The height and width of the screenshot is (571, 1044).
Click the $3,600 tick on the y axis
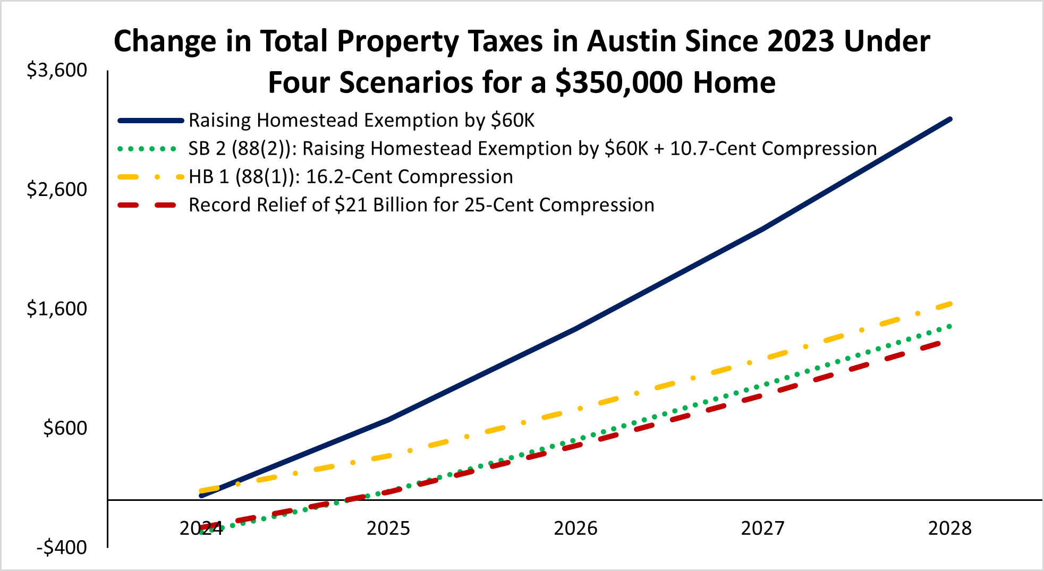(x=57, y=70)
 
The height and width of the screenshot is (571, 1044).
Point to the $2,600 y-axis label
(x=57, y=189)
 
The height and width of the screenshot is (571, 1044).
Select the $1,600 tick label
(x=57, y=309)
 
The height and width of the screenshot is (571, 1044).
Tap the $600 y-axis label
(x=65, y=428)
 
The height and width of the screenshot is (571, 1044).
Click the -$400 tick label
(x=61, y=547)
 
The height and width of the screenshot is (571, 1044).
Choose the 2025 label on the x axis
(x=388, y=528)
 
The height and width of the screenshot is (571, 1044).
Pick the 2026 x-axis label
(x=575, y=528)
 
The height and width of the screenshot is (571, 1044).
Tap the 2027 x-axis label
(x=762, y=528)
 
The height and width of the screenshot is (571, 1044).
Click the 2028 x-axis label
(x=949, y=528)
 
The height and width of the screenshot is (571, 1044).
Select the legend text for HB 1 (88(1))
(x=351, y=177)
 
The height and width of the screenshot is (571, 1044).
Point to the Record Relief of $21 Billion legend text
(x=421, y=205)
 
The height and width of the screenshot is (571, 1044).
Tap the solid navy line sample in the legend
(x=150, y=121)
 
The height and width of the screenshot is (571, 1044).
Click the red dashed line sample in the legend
(x=147, y=205)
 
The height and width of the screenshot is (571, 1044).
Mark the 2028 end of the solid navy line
(x=949, y=120)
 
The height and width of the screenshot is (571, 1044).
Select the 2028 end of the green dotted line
(x=949, y=326)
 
